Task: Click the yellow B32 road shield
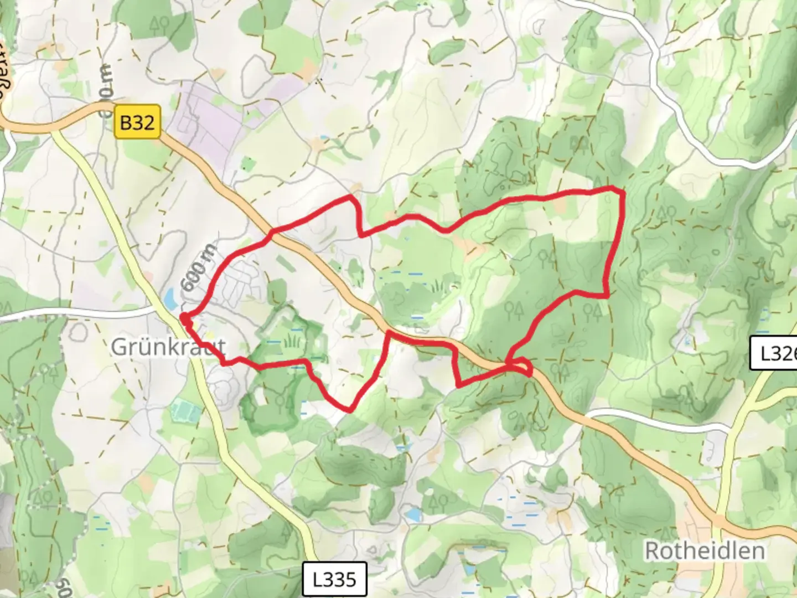coord(137,122)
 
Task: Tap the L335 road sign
coord(335,579)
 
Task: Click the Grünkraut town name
coord(168,347)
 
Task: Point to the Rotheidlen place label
coord(705,550)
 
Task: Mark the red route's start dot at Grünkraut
coord(184,318)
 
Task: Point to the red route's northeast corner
coord(622,192)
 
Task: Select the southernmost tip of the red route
coord(349,410)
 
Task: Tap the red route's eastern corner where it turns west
coord(607,295)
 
